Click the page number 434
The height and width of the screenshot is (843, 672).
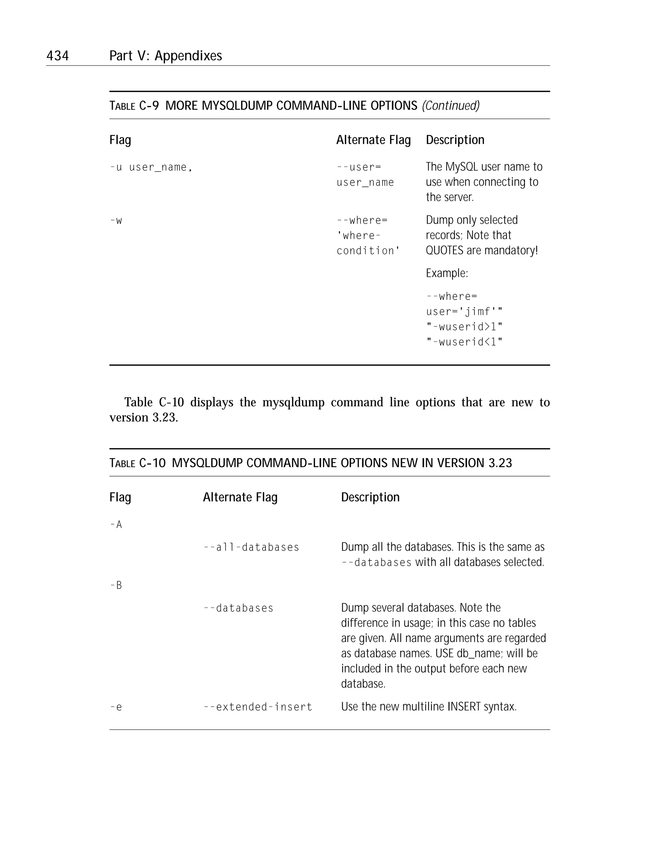coord(57,56)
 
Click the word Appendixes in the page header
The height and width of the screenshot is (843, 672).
coord(188,56)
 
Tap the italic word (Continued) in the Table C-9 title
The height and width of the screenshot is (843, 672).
coord(451,105)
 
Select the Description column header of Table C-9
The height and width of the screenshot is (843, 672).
coord(455,140)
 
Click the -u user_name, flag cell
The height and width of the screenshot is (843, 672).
coord(151,167)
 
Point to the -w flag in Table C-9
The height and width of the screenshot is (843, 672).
coord(116,221)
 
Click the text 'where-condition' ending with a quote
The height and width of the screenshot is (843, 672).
coord(368,251)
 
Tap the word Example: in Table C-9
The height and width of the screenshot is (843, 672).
coord(447,273)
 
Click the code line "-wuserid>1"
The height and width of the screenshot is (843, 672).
coord(464,326)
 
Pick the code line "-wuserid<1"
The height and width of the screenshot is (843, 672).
coord(464,342)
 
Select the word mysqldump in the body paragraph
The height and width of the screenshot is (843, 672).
coord(293,402)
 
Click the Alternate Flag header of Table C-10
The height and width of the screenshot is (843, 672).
coord(240,497)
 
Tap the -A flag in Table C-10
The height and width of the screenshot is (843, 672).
coord(116,525)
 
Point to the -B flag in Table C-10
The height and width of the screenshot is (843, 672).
coord(116,585)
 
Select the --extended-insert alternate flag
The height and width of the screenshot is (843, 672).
coord(258,707)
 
